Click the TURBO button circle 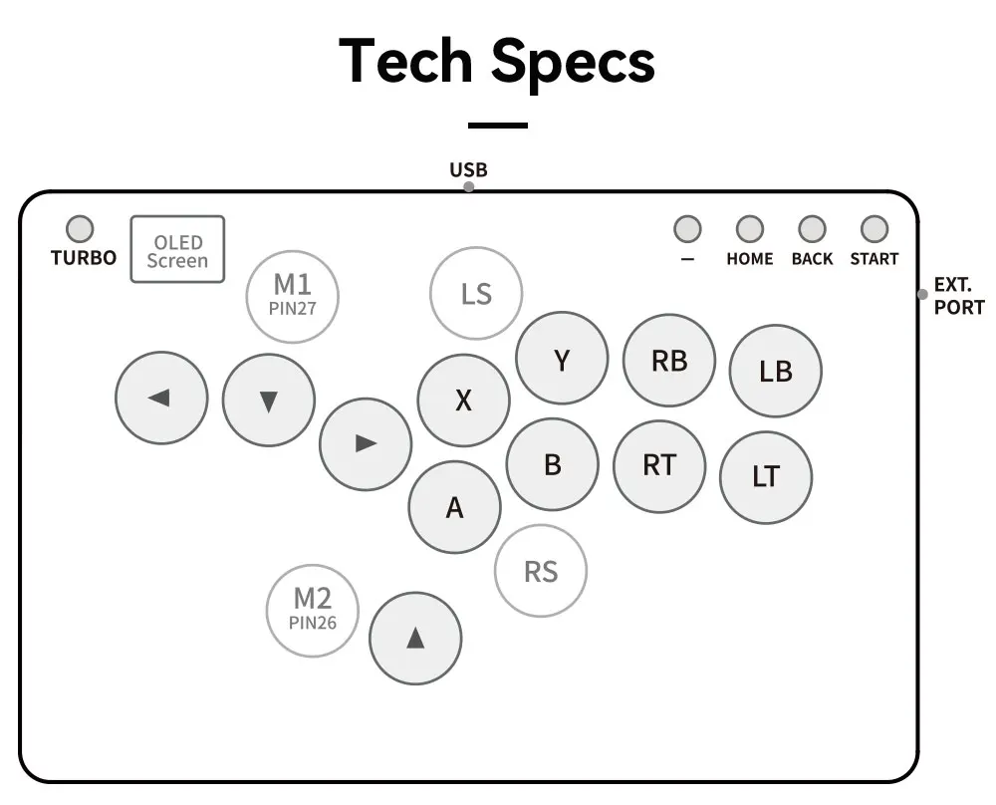(x=80, y=229)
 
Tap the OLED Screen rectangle (x=178, y=249)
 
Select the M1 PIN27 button (x=292, y=297)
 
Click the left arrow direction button (x=161, y=398)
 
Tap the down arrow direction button (x=269, y=401)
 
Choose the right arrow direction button (x=366, y=444)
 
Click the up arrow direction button (x=415, y=639)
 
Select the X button (x=464, y=401)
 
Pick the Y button (x=562, y=359)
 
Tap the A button (x=455, y=507)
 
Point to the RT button (x=659, y=466)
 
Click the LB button (x=776, y=371)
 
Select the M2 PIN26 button (x=313, y=611)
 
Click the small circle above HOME (x=750, y=229)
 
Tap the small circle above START (x=874, y=229)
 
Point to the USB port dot (x=469, y=186)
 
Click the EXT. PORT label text (x=958, y=296)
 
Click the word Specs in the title (x=573, y=62)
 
